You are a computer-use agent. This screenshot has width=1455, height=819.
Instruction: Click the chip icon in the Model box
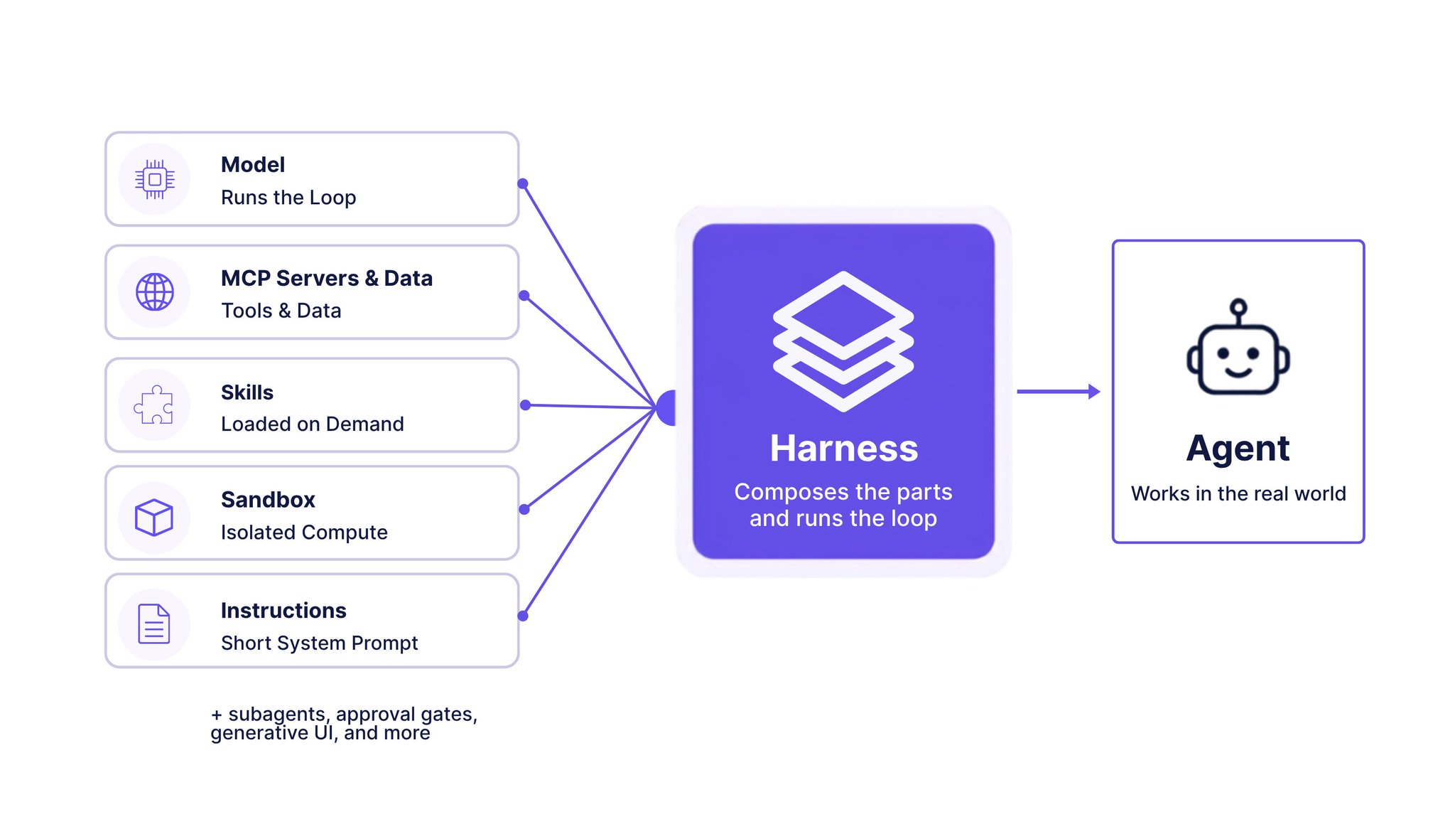point(155,179)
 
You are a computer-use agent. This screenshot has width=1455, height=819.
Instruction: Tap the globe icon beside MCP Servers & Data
point(155,291)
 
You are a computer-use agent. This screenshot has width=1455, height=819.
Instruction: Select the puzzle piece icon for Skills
point(153,405)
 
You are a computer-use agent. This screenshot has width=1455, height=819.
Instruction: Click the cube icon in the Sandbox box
point(154,517)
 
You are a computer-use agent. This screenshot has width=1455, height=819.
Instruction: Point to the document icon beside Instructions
point(154,623)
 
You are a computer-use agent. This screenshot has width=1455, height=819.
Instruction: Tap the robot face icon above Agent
point(1238,346)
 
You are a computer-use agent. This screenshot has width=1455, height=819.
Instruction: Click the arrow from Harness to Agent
point(1059,391)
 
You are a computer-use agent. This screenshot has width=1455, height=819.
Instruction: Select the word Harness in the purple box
point(844,449)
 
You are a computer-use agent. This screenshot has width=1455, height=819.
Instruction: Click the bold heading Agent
point(1238,449)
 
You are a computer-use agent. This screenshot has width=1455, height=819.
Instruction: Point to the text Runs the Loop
point(288,198)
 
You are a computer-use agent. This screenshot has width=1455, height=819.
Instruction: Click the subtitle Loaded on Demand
point(313,424)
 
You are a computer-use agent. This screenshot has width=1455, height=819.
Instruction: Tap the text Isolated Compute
point(304,532)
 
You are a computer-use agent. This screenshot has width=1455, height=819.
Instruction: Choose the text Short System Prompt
point(320,643)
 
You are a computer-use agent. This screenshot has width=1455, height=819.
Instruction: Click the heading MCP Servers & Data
point(327,278)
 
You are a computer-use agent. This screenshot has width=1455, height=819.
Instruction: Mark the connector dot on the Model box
point(523,183)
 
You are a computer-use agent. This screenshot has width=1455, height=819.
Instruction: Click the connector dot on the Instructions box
point(523,616)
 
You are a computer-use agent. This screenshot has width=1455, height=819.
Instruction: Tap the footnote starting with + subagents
point(344,723)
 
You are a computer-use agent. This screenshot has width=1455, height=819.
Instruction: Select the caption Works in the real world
point(1238,493)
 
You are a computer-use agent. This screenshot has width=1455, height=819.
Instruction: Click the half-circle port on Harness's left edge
point(666,408)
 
